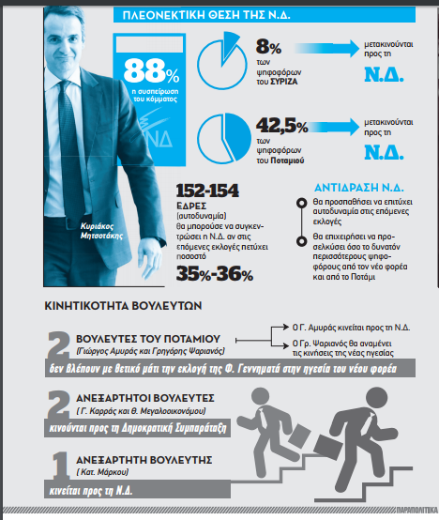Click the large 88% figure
tap(151, 70)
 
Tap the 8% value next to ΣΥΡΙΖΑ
tap(268, 47)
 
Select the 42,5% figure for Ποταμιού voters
tap(282, 126)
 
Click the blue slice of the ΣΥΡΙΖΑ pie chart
tap(230, 44)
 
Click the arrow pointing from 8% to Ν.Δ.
tap(327, 48)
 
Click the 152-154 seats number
tap(207, 191)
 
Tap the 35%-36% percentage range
tap(215, 274)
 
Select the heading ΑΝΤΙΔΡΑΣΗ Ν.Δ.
tap(359, 188)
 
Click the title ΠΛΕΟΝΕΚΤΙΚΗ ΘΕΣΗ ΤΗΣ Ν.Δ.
tap(206, 15)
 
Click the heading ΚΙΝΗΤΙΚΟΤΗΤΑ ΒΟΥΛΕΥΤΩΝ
tap(123, 305)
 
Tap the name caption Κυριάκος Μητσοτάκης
tap(101, 231)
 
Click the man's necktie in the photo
tap(69, 143)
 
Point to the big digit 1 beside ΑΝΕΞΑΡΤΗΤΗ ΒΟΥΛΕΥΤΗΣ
tap(60, 466)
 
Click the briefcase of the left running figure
tap(299, 435)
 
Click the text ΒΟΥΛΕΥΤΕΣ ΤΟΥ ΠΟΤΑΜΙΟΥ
tap(148, 339)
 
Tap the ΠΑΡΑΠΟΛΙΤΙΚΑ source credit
tap(416, 510)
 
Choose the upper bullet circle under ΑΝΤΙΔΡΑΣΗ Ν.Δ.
tap(301, 203)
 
